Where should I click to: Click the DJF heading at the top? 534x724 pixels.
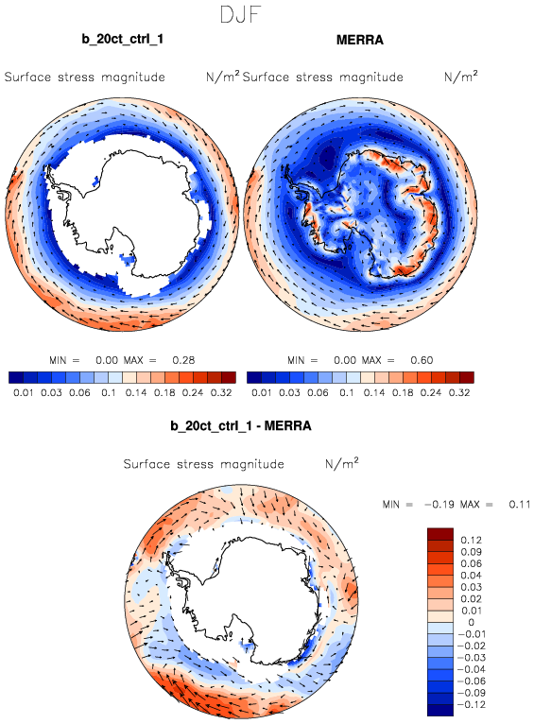(x=240, y=14)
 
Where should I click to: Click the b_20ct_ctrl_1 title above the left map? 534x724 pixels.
(x=122, y=40)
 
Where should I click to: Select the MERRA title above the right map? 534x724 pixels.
(x=359, y=41)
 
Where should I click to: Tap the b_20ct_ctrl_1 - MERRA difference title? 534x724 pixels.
(x=241, y=425)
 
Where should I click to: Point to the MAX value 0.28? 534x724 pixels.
(x=183, y=360)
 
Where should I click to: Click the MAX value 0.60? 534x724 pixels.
(x=422, y=360)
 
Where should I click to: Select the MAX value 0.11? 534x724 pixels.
(x=520, y=504)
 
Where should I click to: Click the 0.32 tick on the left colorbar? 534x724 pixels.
(x=221, y=393)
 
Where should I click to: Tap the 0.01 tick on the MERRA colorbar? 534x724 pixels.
(x=261, y=393)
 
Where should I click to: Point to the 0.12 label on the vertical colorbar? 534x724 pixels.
(x=471, y=540)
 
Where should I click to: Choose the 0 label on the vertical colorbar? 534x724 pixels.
(x=471, y=623)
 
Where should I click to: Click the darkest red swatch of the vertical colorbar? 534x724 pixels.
(x=440, y=534)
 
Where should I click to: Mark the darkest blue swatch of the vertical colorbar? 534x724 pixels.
(x=440, y=710)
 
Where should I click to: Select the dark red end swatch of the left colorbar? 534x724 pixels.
(x=229, y=378)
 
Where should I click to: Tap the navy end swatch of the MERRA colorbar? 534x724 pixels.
(x=254, y=378)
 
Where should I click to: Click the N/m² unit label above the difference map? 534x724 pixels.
(x=342, y=463)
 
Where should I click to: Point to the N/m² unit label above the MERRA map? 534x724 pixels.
(x=461, y=77)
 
